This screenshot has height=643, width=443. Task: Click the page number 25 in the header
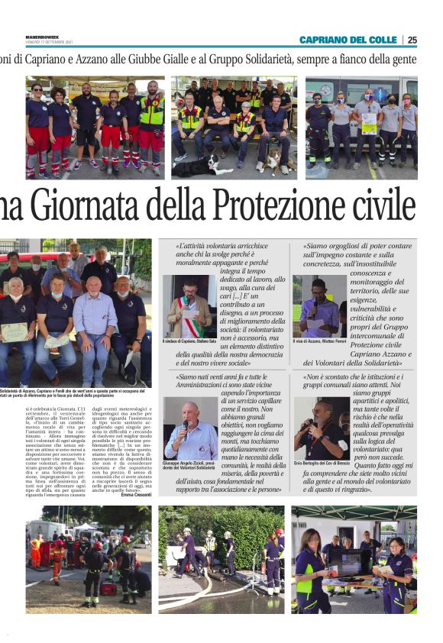tap(412, 40)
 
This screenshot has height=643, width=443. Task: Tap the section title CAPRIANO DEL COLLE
tap(348, 40)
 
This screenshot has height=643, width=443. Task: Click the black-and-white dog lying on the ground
tap(197, 166)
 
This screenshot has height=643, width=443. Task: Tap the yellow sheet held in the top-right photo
tap(369, 123)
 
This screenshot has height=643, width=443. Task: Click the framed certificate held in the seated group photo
tap(15, 331)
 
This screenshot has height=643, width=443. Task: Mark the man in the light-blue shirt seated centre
tap(95, 321)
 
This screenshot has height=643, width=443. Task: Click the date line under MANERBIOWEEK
tap(49, 43)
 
